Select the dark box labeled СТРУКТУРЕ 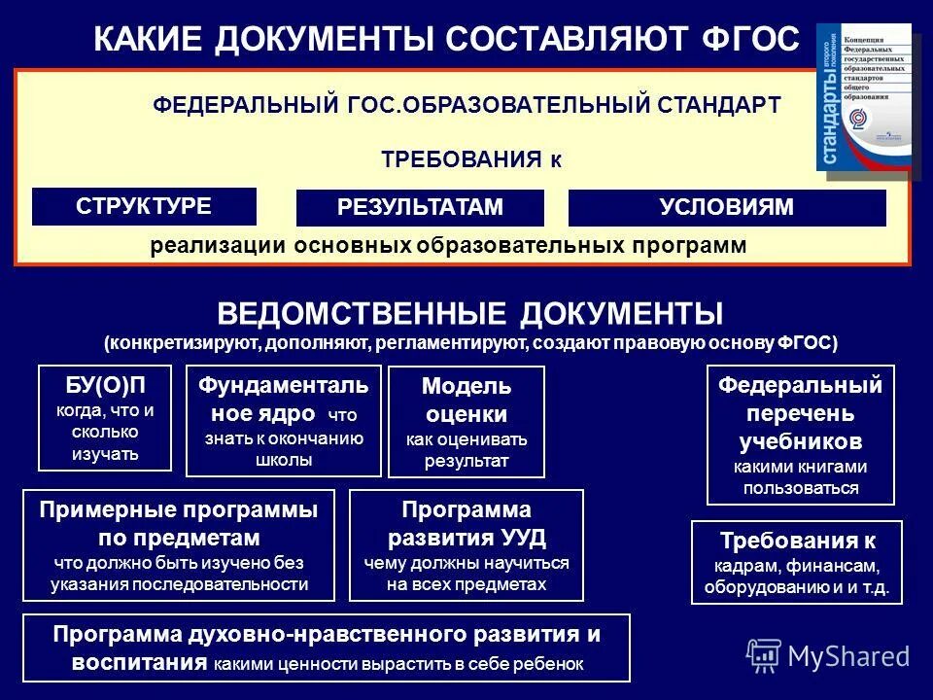144,206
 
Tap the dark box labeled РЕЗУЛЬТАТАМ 420,207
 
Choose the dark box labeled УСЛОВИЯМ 726,207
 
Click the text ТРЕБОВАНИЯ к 470,159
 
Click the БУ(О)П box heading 105,385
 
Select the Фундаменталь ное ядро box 283,420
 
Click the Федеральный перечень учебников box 800,435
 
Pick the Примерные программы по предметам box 178,544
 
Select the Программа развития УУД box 466,544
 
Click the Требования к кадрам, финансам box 796,562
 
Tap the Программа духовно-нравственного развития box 327,647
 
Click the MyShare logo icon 764,656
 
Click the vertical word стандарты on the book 832,107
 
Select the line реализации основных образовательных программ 448,246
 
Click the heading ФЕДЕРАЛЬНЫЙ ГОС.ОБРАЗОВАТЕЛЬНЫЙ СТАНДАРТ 466,105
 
